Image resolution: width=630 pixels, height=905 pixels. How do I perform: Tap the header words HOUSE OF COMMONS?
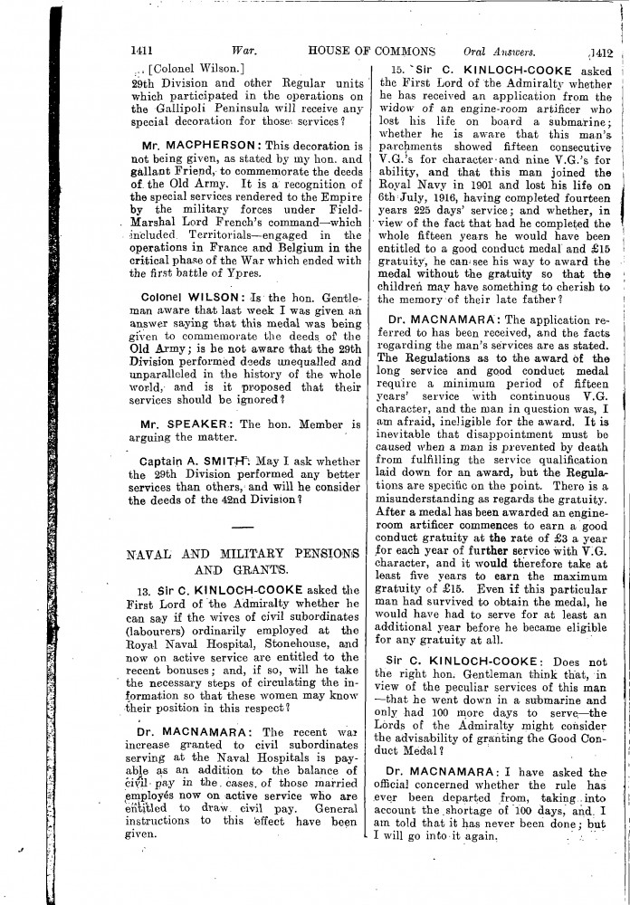[x=371, y=51]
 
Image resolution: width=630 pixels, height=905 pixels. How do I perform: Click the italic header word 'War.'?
[x=245, y=51]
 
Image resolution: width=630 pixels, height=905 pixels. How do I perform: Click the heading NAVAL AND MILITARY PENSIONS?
[x=243, y=553]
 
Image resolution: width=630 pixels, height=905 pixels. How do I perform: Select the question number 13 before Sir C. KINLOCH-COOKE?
[x=135, y=591]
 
